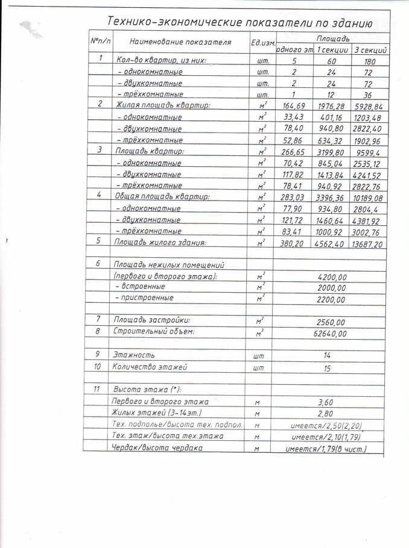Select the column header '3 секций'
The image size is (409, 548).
click(x=369, y=49)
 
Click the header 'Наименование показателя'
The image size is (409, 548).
click(x=171, y=42)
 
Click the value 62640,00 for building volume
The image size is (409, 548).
click(x=329, y=332)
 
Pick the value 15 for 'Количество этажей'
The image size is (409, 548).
click(x=329, y=367)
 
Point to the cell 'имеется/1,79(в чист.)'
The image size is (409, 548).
click(x=329, y=449)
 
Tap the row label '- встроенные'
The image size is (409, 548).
click(x=141, y=287)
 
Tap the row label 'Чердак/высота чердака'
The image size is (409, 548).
click(x=157, y=448)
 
